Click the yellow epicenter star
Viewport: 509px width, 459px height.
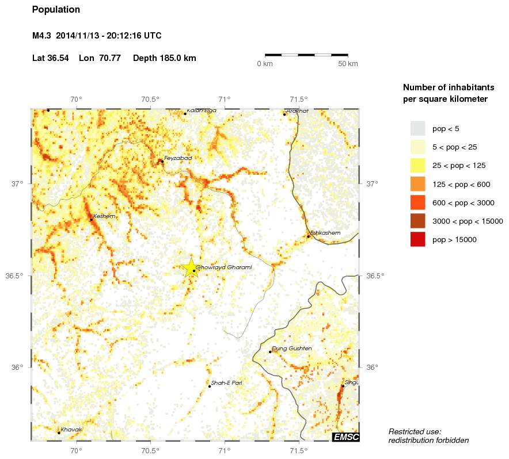pos(191,267)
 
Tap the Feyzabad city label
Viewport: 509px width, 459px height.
pos(178,158)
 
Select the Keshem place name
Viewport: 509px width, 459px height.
pos(104,216)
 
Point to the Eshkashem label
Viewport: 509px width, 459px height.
pos(325,232)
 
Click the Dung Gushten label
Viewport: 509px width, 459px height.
pos(292,348)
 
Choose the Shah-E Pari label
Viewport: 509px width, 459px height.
pos(227,382)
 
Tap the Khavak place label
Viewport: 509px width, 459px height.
pos(71,429)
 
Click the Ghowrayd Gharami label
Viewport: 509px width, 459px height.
pos(224,267)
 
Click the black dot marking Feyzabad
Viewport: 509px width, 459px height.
pos(162,161)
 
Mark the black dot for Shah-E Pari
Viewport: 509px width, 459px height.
pos(210,386)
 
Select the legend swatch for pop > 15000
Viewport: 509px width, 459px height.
pos(417,239)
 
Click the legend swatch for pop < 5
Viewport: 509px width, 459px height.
pos(417,128)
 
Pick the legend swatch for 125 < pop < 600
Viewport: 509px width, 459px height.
pos(417,184)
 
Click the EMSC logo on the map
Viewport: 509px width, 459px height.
pos(346,437)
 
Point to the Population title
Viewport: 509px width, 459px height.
pos(56,10)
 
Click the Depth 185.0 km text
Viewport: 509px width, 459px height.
pos(165,58)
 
